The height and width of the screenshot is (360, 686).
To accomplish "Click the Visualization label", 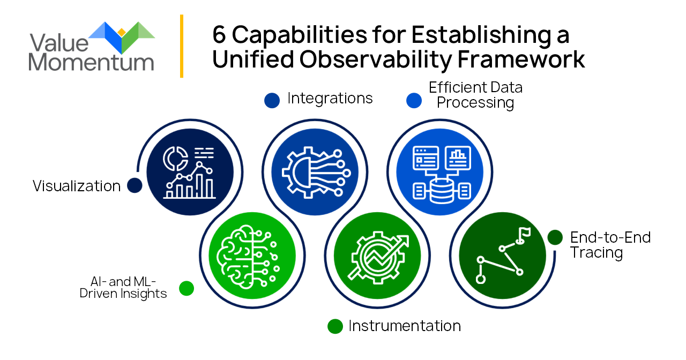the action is (x=77, y=186).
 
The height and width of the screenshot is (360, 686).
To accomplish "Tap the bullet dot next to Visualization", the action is (x=135, y=185).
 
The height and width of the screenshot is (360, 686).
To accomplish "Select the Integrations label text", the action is (x=330, y=99).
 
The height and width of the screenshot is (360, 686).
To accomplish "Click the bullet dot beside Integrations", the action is (x=272, y=100).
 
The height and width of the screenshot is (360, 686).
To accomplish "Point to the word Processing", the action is (x=475, y=102).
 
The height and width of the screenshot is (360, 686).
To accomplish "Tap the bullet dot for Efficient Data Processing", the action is (x=414, y=100).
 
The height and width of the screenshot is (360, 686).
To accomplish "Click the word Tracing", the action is (x=596, y=253).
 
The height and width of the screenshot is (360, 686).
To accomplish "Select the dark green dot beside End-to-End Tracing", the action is (x=555, y=237).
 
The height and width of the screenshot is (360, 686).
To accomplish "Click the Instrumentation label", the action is (x=405, y=326).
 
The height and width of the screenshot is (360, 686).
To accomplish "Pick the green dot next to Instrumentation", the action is (x=335, y=326).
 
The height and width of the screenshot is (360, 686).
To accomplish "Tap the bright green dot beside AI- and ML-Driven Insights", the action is (x=187, y=288).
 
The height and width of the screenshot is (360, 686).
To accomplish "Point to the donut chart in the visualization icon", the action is (x=175, y=159).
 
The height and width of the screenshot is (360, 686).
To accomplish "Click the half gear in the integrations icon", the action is (x=297, y=172).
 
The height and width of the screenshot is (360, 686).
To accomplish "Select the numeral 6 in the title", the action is (x=219, y=35).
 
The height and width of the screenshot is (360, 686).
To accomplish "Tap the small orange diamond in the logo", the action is (x=122, y=32).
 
